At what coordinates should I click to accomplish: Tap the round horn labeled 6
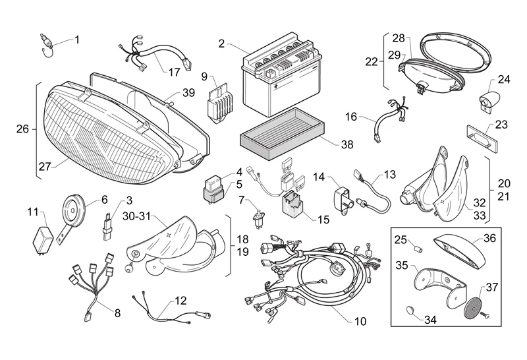[x=73, y=210]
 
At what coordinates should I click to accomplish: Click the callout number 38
[x=347, y=144]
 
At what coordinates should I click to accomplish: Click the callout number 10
[x=359, y=322]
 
